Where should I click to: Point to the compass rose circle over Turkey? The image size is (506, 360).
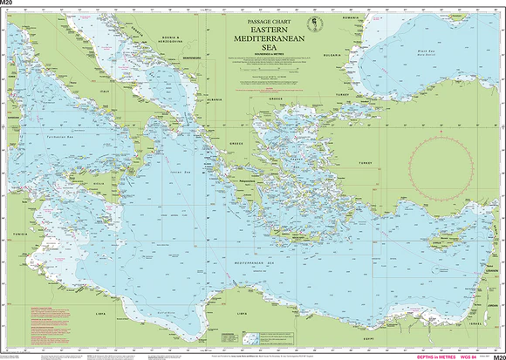pos(442,164)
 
